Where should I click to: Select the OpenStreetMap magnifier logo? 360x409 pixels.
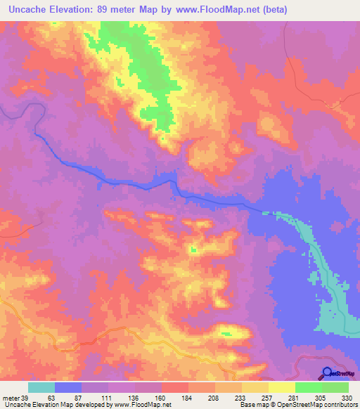point(327,373)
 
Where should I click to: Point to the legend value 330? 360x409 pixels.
point(346,398)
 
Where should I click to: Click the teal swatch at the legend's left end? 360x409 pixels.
point(41,387)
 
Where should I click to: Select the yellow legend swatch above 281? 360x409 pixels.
point(282,387)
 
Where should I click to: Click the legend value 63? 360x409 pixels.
point(51,398)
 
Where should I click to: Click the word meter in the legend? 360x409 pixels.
point(10,398)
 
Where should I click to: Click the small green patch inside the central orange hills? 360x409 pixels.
point(193,249)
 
